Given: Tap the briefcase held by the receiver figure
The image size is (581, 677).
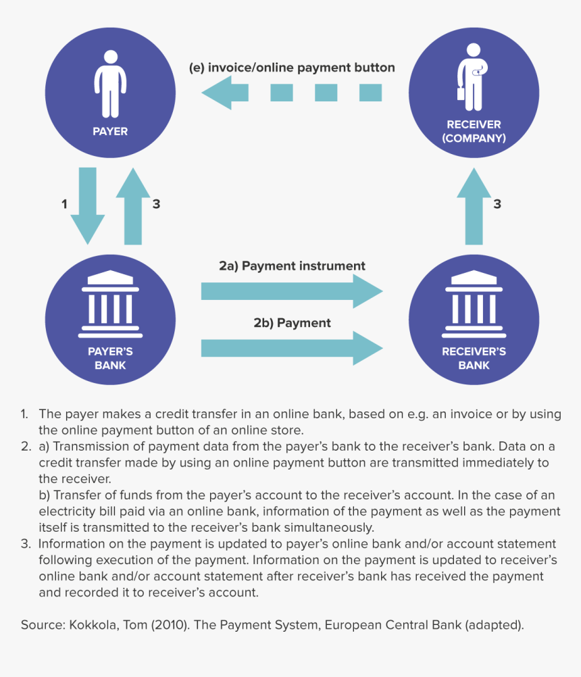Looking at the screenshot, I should coord(461,93).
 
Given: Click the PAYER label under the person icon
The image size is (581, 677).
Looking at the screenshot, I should coord(109,131).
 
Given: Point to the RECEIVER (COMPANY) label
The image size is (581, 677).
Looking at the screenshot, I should coord(474,131).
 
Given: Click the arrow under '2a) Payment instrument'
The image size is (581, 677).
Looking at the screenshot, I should coord(292,291).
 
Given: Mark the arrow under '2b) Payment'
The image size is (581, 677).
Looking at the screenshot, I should coord(292,349).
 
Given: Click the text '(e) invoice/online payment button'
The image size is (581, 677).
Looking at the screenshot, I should coord(292,68).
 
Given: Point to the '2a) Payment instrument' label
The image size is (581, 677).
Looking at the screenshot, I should coord(292,266).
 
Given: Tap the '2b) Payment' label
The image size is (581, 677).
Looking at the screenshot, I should coord(292,323).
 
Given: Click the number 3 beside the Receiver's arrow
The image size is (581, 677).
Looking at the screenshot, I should coord(497,203).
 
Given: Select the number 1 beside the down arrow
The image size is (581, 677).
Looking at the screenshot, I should coord(64,203).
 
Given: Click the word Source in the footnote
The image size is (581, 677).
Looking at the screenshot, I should coord(42,625).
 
